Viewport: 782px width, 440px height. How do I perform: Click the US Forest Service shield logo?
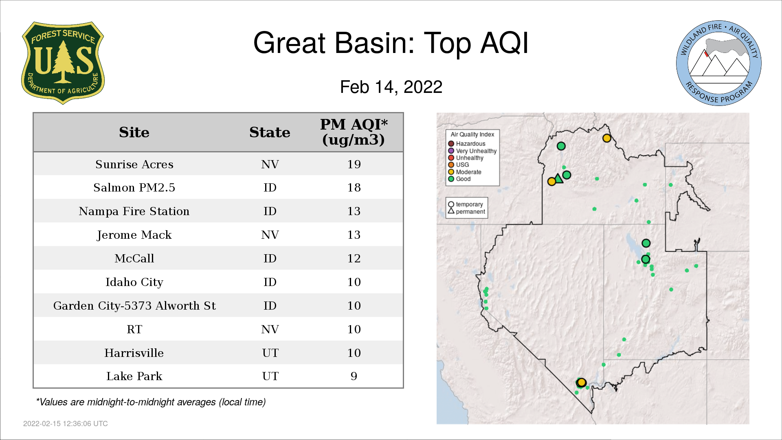[63, 63]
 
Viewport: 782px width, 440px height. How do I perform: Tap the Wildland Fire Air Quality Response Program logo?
[719, 63]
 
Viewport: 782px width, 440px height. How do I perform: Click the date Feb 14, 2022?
[391, 87]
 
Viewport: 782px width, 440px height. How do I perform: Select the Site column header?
[134, 132]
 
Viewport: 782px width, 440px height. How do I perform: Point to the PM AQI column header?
[354, 132]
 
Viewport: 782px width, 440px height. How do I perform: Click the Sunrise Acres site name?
[134, 164]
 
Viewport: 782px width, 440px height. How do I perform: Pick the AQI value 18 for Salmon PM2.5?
[354, 187]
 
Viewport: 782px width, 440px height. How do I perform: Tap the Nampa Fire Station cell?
[134, 211]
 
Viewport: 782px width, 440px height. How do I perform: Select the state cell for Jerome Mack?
[270, 235]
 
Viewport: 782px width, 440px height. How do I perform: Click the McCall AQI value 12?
[354, 258]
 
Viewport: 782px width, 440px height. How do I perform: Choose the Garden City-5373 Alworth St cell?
[134, 306]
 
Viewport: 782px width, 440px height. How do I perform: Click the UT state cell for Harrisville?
[270, 353]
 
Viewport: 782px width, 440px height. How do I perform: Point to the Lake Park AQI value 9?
[354, 376]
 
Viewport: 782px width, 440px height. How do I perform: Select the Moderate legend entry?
[465, 172]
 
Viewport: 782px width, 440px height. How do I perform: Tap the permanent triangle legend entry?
[467, 211]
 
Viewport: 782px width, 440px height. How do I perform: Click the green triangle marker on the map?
[559, 178]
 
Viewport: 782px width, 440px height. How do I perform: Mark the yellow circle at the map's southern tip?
[582, 383]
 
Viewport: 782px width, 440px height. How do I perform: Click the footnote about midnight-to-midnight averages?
[151, 402]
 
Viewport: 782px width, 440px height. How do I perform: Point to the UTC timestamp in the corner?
[66, 424]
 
